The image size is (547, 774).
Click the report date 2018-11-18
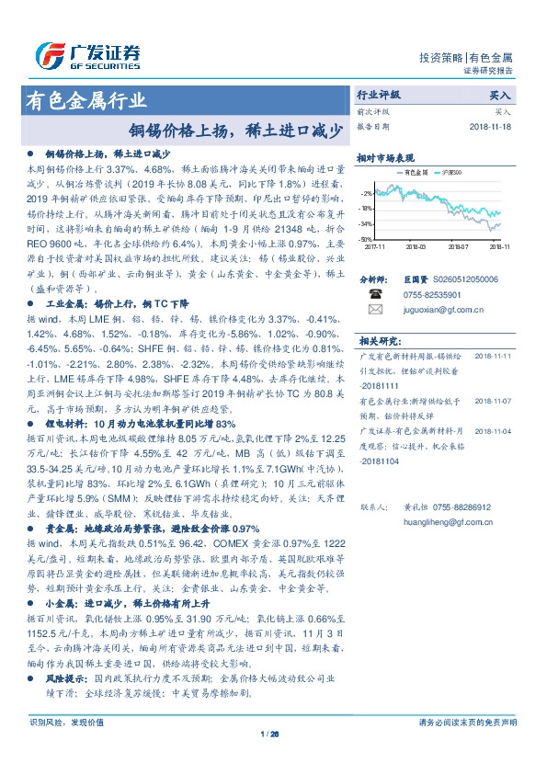click(x=493, y=126)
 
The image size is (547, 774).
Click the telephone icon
click(x=374, y=294)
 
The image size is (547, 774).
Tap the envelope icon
click(x=374, y=312)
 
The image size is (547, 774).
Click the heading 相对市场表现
click(x=385, y=157)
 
